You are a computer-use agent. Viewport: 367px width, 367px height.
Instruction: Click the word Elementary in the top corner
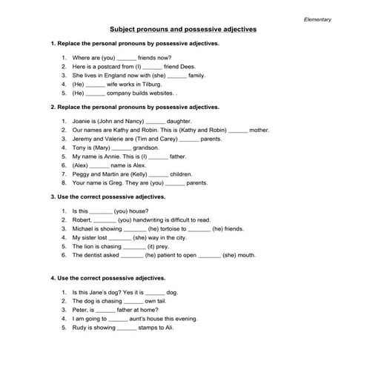pos(318,19)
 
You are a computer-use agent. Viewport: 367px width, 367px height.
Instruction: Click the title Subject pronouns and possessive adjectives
pos(182,30)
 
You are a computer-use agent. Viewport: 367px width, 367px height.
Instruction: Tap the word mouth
pos(246,255)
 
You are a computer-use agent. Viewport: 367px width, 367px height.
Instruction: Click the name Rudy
pos(79,327)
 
